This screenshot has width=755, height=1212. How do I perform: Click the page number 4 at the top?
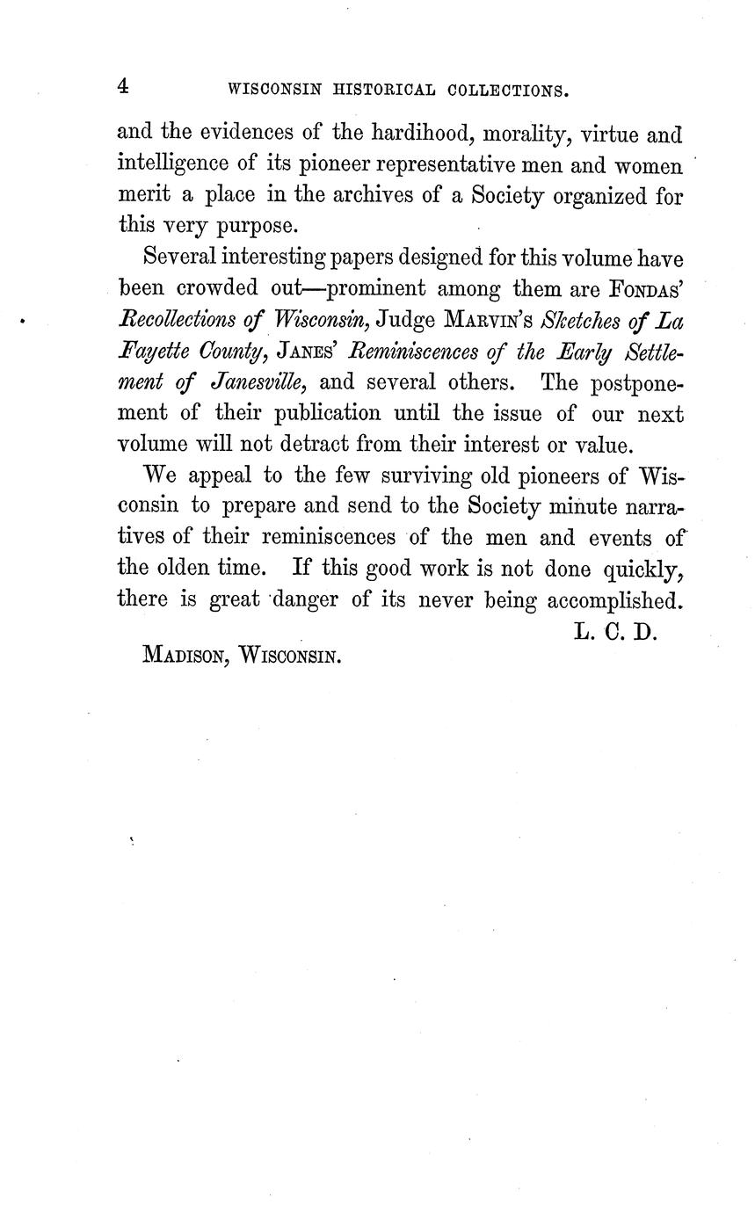click(x=123, y=86)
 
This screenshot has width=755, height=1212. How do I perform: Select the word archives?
click(x=372, y=195)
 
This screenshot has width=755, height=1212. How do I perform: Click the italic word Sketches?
click(x=587, y=320)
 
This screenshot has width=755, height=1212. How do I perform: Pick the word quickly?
click(x=643, y=570)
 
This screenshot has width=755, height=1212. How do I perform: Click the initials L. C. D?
click(x=614, y=632)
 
